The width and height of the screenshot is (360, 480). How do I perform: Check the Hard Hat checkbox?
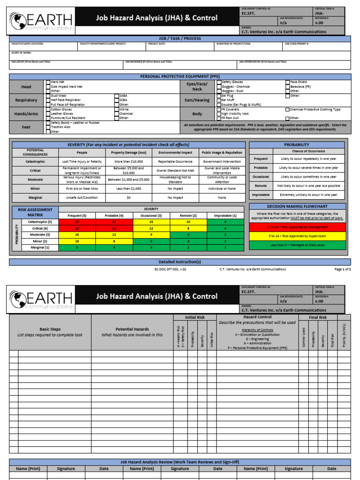pyautogui.click(x=48, y=82)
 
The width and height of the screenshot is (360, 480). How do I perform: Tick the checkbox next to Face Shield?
pyautogui.click(x=288, y=82)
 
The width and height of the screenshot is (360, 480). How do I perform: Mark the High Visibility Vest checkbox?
pyautogui.click(x=218, y=113)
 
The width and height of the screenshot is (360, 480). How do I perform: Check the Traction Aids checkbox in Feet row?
pyautogui.click(x=48, y=127)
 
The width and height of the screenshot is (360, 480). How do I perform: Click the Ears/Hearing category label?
pyautogui.click(x=197, y=100)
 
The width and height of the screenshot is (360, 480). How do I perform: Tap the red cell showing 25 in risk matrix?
pyautogui.click(x=77, y=222)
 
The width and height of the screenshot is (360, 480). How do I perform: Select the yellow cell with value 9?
pyautogui.click(x=151, y=234)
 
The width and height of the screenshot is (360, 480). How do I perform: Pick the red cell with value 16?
pyautogui.click(x=114, y=228)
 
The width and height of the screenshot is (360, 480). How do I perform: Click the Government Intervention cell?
pyautogui.click(x=222, y=161)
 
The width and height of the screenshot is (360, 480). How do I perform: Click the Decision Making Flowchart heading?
pyautogui.click(x=297, y=206)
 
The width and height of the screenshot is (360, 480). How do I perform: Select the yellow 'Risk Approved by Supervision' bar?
pyautogui.click(x=297, y=236)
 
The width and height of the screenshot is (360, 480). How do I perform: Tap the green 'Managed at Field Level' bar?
pyautogui.click(x=297, y=245)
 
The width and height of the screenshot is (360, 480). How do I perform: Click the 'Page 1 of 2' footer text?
pyautogui.click(x=342, y=270)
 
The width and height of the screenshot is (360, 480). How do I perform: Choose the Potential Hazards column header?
pyautogui.click(x=132, y=330)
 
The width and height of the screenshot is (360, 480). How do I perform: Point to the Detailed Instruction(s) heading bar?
pyautogui.click(x=180, y=262)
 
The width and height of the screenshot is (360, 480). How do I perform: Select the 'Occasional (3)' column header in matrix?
pyautogui.click(x=151, y=215)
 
